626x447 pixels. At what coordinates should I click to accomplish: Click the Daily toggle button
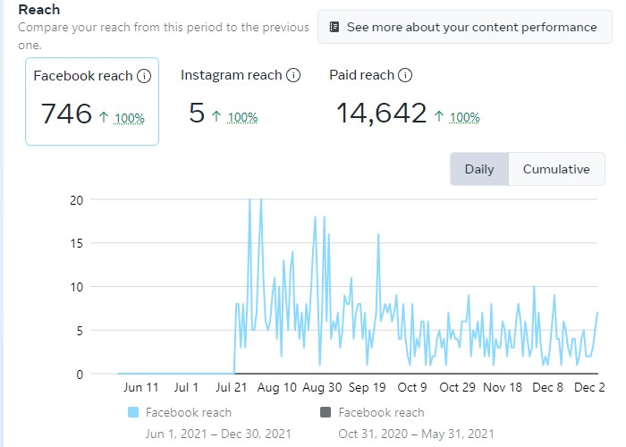(x=479, y=169)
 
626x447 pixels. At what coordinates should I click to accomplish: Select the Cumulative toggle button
(x=556, y=169)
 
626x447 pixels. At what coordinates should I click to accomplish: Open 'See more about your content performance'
(x=462, y=27)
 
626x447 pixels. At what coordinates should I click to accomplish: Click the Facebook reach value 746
(x=67, y=114)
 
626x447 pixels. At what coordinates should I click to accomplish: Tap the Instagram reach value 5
(x=197, y=114)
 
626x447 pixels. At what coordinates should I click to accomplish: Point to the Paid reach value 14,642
(x=381, y=114)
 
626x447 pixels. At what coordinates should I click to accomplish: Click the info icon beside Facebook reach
(x=143, y=76)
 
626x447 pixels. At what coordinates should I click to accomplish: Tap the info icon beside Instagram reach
(x=292, y=75)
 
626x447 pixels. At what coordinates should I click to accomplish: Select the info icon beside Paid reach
(x=404, y=75)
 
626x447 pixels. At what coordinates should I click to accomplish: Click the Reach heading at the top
(x=39, y=9)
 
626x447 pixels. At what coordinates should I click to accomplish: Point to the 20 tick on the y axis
(x=76, y=199)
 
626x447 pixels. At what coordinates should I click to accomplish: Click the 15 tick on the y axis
(x=76, y=243)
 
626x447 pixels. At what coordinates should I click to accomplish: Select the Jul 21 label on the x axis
(x=232, y=387)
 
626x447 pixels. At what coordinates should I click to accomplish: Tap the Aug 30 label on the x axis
(x=322, y=387)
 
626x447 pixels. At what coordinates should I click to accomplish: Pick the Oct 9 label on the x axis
(x=412, y=387)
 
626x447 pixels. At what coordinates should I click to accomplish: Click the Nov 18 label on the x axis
(x=503, y=387)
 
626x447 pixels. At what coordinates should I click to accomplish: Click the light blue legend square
(x=134, y=412)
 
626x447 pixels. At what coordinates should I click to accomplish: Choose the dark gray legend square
(x=326, y=412)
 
